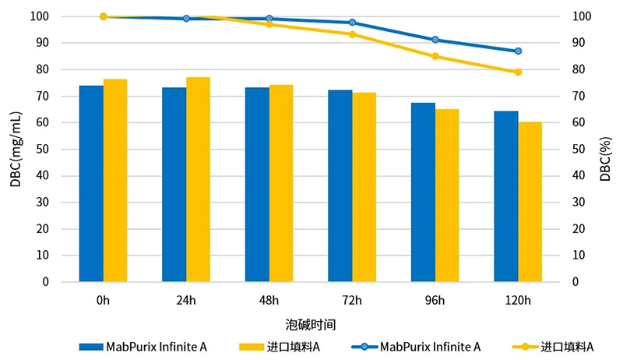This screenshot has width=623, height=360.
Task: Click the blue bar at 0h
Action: [x=91, y=183]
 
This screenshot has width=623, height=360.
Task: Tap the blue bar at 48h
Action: [x=257, y=184]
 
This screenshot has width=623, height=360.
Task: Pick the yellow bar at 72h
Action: [x=364, y=187]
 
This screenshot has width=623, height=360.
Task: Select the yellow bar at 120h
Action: [x=530, y=201]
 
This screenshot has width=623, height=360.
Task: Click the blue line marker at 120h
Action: [x=518, y=51]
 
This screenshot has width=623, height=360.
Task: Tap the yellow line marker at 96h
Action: [x=435, y=56]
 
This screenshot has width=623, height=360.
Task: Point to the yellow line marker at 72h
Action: [x=352, y=34]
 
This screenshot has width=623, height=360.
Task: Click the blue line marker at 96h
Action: [x=435, y=40]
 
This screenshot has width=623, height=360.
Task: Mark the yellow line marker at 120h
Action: [x=518, y=72]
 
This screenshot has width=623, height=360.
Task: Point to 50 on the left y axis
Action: [x=65, y=149]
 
